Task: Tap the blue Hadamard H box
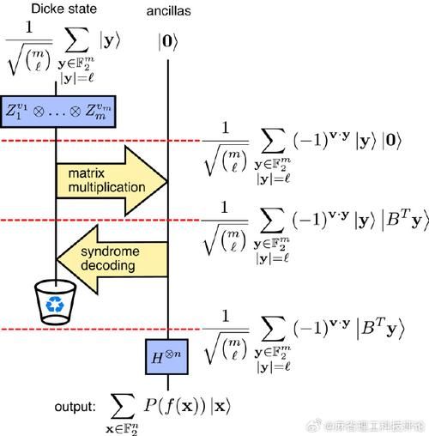167,355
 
